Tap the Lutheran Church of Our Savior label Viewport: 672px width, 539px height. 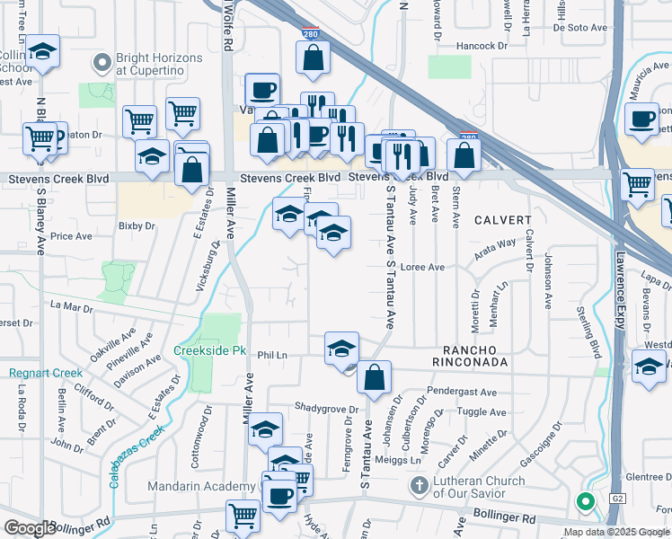(478, 487)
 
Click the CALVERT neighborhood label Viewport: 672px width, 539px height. (503, 220)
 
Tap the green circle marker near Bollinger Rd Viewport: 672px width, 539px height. (586, 502)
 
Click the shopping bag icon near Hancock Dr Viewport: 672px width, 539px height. (313, 58)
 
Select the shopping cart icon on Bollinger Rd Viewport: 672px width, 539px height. (243, 516)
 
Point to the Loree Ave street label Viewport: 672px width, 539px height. (422, 267)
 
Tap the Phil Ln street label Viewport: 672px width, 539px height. (271, 356)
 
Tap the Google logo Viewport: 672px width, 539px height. (30, 528)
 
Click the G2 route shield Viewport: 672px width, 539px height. (616, 497)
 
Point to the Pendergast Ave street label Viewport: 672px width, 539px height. (462, 393)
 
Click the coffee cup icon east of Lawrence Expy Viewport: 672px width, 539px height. (641, 119)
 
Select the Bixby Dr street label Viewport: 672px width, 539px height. (137, 225)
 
